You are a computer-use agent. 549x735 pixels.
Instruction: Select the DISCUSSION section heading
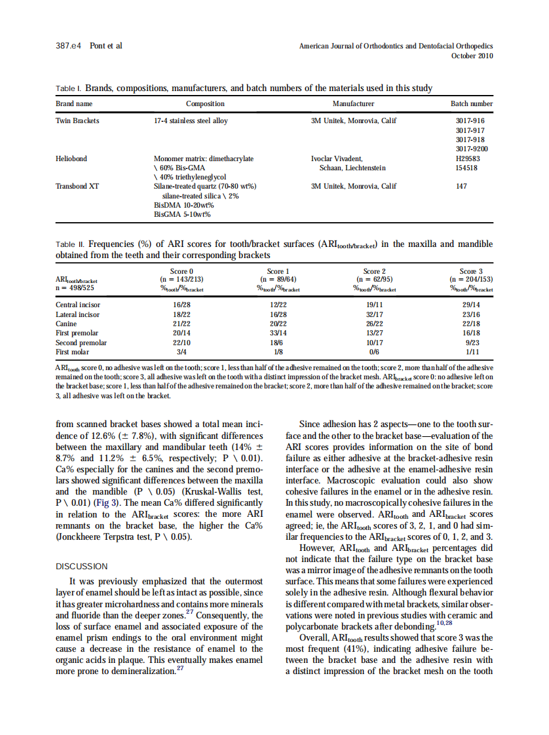tap(82, 566)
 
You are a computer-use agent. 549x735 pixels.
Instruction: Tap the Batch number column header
tap(471, 104)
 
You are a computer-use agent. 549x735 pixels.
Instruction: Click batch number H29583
tap(467, 159)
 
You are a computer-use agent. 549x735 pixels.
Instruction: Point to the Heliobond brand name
tap(71, 159)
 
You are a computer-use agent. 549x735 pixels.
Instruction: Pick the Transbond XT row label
tap(77, 186)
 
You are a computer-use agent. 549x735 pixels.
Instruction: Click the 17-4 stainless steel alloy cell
tap(191, 121)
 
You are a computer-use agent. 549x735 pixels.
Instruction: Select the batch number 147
tap(461, 186)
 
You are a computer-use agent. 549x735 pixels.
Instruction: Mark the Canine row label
tap(66, 324)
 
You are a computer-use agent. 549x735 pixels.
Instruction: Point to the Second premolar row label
tap(81, 343)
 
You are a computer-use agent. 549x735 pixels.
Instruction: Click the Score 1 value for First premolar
tap(278, 333)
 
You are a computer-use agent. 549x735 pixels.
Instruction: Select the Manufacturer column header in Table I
tap(353, 104)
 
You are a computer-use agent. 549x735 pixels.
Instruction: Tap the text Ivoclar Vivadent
tap(336, 159)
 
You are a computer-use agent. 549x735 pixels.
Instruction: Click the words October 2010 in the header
tap(472, 56)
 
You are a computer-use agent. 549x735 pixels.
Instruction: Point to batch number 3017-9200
tap(471, 149)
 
